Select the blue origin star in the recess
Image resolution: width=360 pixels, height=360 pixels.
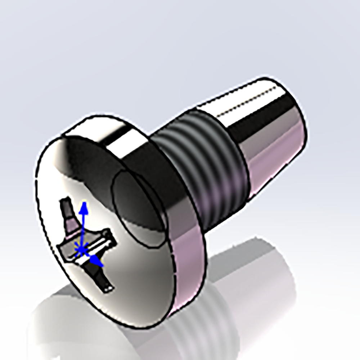[82, 248]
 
